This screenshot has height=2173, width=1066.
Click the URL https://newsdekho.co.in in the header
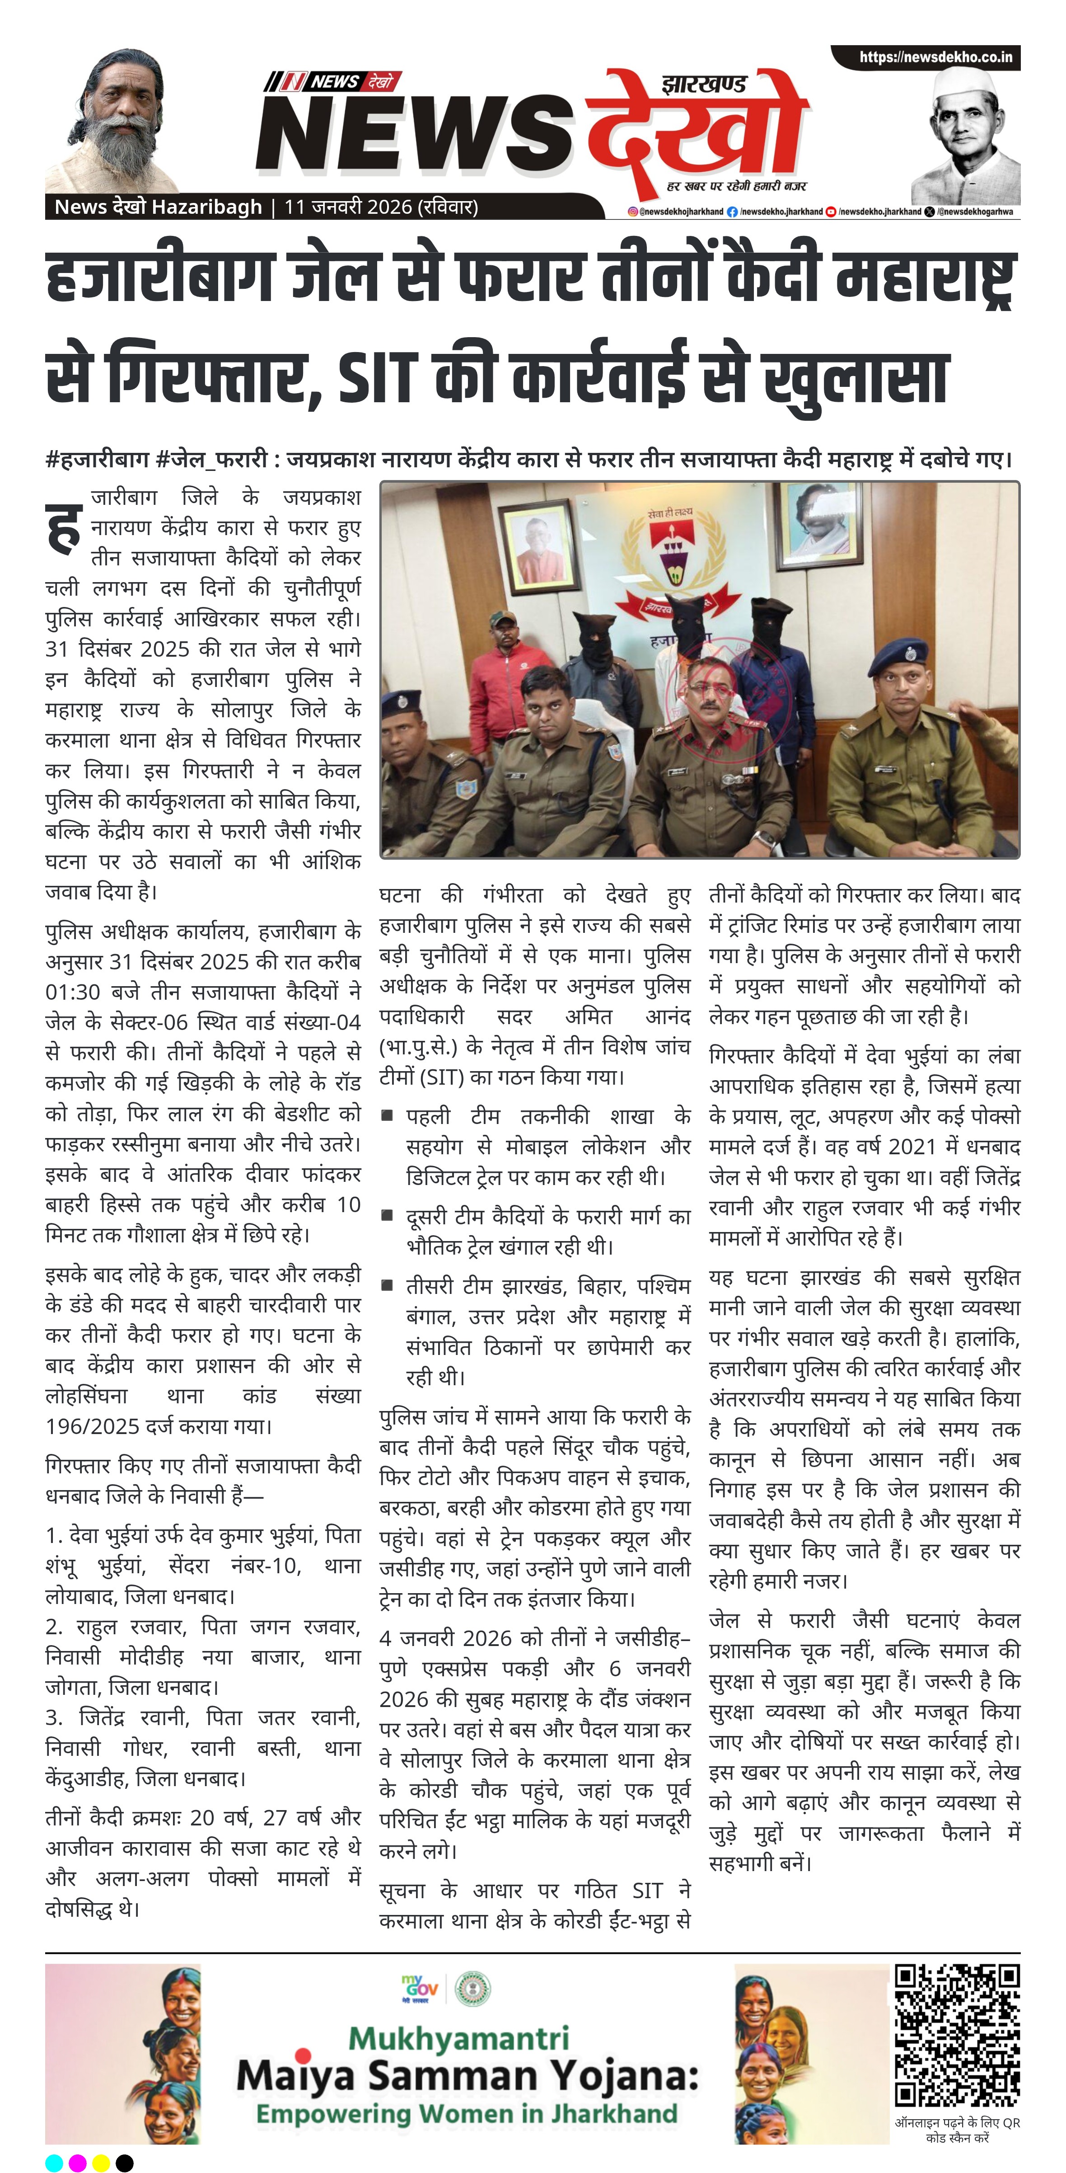point(935,57)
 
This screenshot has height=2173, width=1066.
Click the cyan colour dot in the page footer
point(53,2162)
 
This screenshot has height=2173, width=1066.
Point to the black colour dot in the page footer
point(124,2162)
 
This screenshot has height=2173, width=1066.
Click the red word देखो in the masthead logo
point(692,127)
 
